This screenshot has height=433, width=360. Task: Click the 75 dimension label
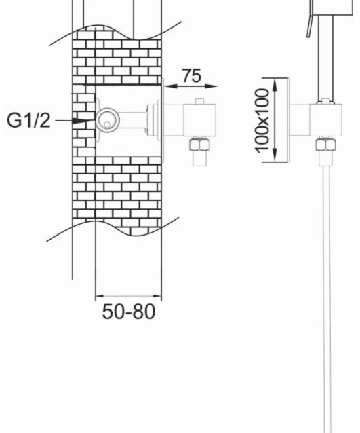tap(192, 75)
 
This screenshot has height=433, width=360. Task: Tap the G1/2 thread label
tap(28, 120)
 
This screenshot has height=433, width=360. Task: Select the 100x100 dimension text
tap(262, 120)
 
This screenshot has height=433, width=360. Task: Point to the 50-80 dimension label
tap(129, 312)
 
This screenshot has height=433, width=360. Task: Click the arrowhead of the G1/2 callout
tap(83, 120)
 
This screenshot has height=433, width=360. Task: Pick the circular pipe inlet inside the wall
tap(108, 119)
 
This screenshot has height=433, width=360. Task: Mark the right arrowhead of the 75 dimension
tap(212, 86)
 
